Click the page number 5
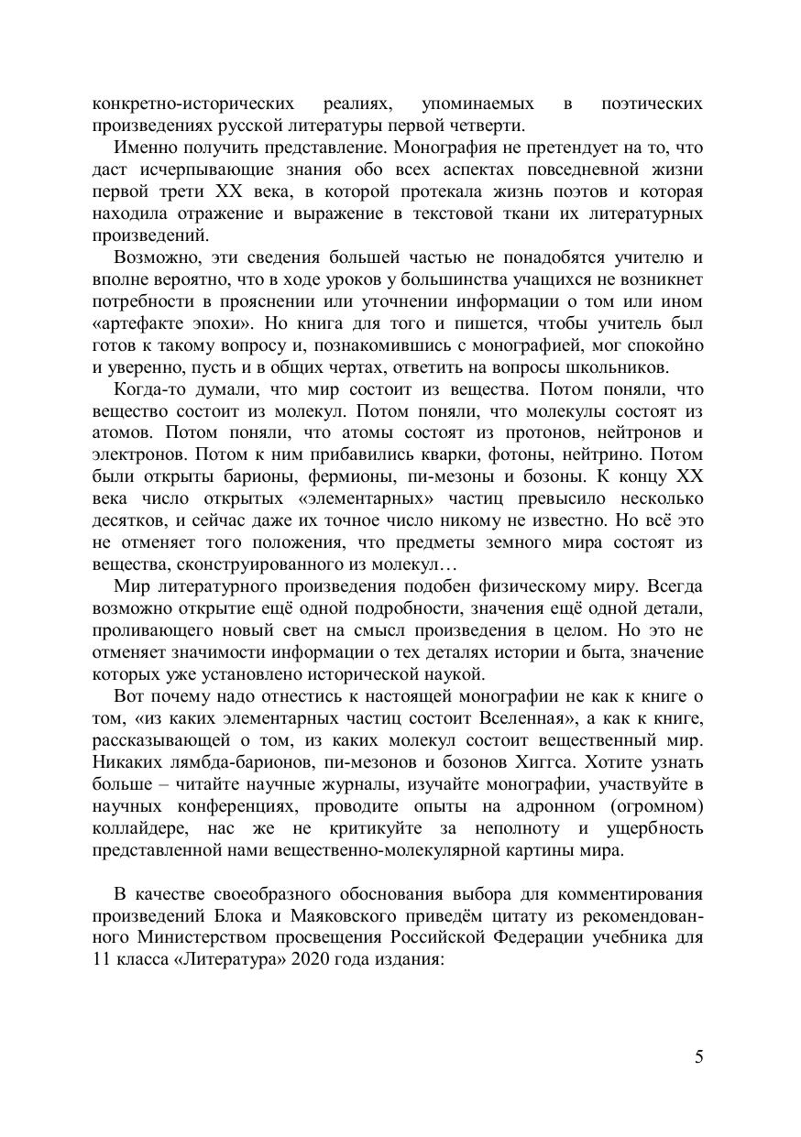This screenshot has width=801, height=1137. tap(699, 1056)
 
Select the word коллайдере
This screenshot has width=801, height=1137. tap(137, 828)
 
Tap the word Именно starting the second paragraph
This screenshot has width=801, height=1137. tap(144, 148)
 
